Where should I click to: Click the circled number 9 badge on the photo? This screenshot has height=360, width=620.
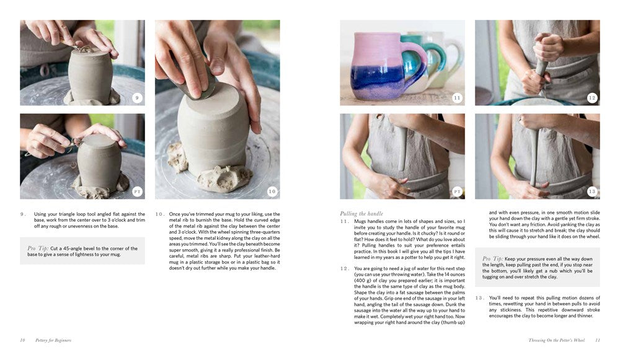click(x=137, y=97)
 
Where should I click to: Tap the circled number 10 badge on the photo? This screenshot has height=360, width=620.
click(x=272, y=191)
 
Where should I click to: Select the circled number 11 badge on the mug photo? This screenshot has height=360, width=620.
click(x=457, y=98)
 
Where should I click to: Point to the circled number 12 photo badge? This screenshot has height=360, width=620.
click(x=591, y=98)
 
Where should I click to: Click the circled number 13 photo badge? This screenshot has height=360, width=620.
click(x=591, y=191)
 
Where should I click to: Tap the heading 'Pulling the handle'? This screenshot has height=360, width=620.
click(x=361, y=214)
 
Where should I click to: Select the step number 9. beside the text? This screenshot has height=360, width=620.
click(x=23, y=214)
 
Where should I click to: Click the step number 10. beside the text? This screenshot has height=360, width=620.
click(x=160, y=214)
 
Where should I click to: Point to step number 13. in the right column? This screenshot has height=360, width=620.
click(x=479, y=298)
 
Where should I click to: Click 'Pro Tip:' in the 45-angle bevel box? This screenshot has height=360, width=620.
click(x=38, y=248)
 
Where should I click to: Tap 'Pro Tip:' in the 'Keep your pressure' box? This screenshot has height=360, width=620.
click(x=494, y=258)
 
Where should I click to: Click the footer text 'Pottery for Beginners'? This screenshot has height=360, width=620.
click(x=53, y=340)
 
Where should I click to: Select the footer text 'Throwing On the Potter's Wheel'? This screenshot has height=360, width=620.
click(x=556, y=340)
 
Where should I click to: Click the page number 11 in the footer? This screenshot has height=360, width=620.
click(x=597, y=340)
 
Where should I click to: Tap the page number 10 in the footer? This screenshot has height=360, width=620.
click(x=22, y=340)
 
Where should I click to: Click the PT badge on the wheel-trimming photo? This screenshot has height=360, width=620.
click(x=137, y=191)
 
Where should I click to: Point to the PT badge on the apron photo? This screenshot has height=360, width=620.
click(x=457, y=191)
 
